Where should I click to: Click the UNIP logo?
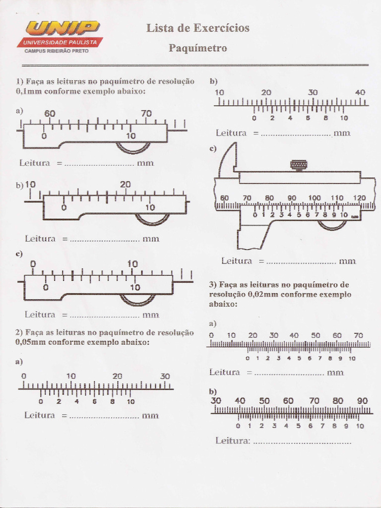pos(63,28)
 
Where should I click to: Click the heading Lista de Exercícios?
pos(197,28)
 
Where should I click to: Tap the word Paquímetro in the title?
pos(197,48)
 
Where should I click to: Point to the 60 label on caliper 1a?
pos(50,113)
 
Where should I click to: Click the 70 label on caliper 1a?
pos(146,113)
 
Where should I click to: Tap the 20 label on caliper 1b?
pos(125,184)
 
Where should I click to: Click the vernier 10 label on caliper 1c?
pos(135,287)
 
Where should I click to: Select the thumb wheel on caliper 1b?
pos(152,219)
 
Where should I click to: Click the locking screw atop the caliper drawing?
pos(299,164)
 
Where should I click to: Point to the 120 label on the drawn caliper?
pos(359,197)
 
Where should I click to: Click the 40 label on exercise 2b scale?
pos(360,92)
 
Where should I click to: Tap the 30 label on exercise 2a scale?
pos(165,376)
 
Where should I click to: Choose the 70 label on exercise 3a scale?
pos(358,335)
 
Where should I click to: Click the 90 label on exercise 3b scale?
pos(362,400)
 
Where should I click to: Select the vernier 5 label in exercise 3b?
pos(298,426)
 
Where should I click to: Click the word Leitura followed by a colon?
pos(233,441)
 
